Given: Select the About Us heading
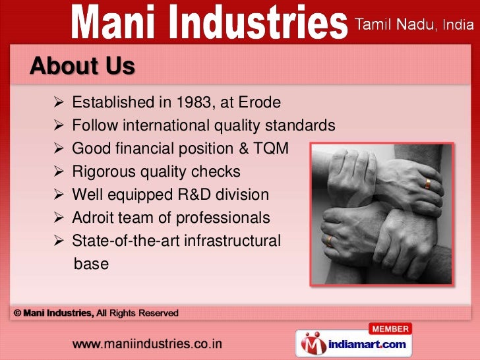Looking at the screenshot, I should [x=82, y=66].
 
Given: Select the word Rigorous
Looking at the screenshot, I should [x=103, y=172].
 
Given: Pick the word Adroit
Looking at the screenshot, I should [x=92, y=218].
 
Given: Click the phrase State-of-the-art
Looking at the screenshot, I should [x=125, y=241].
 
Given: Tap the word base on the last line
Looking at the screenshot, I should [x=91, y=264].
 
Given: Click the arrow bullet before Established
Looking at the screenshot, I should [x=57, y=104].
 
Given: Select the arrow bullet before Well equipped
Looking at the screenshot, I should [x=57, y=195].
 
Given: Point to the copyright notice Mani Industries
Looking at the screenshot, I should [x=59, y=313].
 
